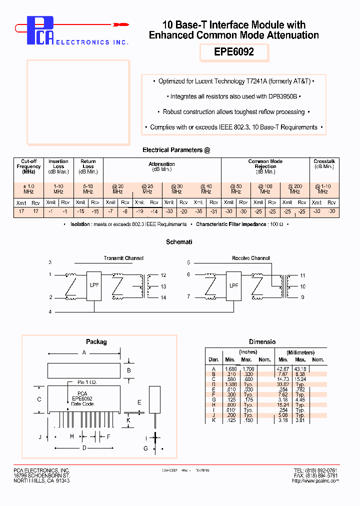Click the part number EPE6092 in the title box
(234, 52)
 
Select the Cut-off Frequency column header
(28, 166)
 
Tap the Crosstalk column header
(323, 164)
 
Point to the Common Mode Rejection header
(265, 166)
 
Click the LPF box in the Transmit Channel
(94, 286)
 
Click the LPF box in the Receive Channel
(233, 286)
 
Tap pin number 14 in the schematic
(163, 297)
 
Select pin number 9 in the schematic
(302, 297)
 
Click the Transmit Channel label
(123, 258)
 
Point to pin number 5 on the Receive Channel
(188, 262)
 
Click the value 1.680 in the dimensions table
(229, 368)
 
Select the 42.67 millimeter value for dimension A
(283, 368)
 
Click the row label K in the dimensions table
(213, 420)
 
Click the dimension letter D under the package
(84, 447)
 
